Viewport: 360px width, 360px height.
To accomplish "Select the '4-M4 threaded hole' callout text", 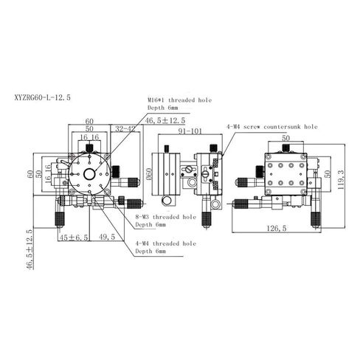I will coord(165,243).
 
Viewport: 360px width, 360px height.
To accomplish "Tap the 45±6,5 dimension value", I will coord(74,238).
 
